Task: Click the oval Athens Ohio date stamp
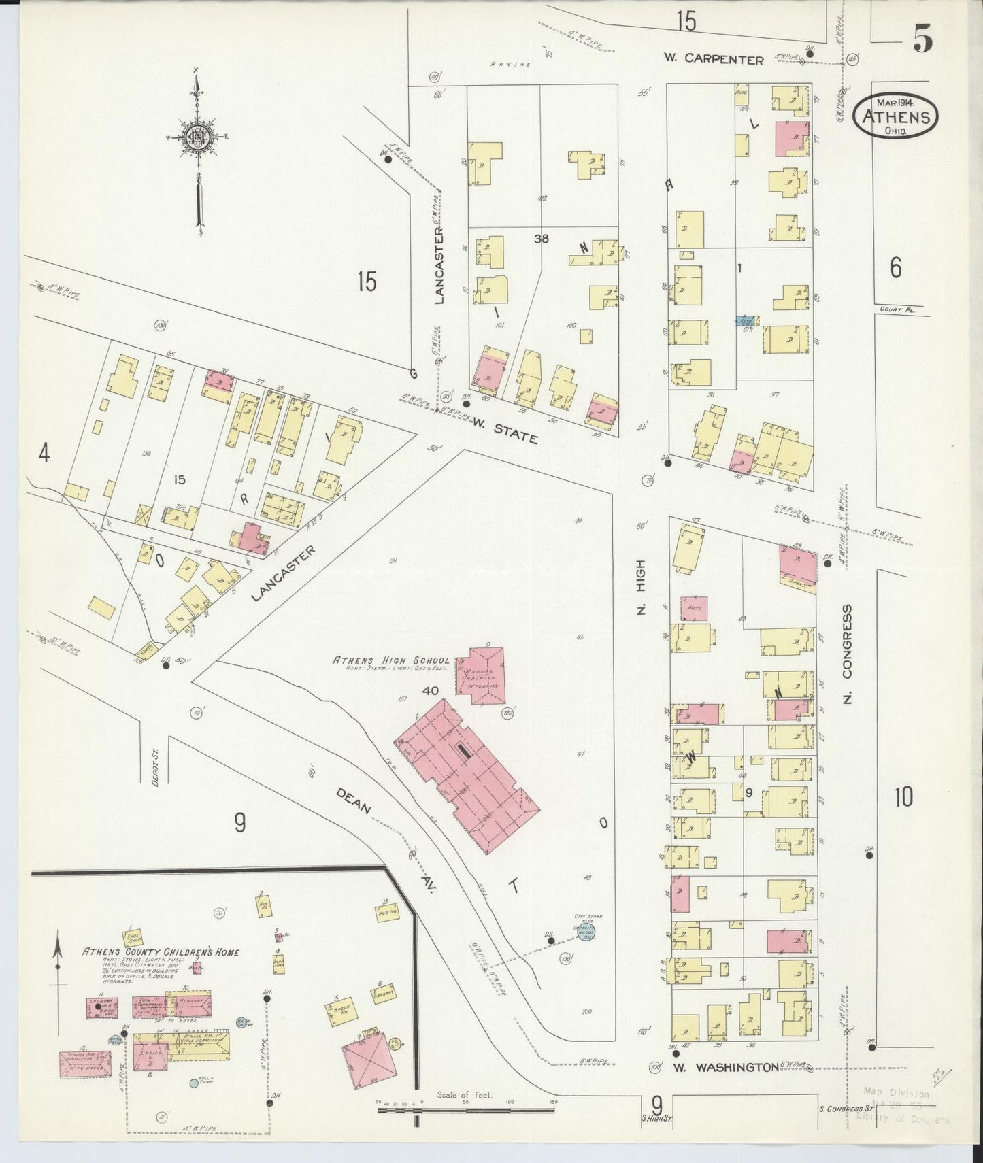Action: point(895,116)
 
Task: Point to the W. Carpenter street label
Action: point(714,60)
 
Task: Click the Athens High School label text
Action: point(390,660)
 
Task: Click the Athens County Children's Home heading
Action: point(161,952)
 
